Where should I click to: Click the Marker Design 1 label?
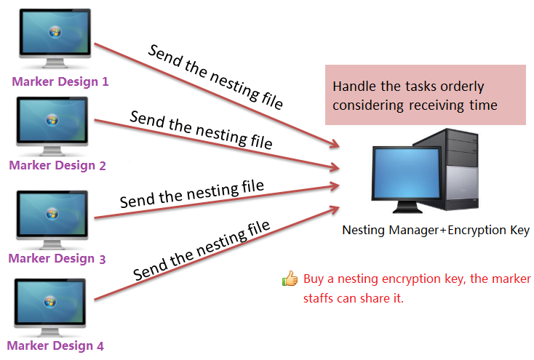tap(60, 81)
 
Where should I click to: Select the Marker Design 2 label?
tap(57, 165)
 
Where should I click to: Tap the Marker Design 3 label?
tap(57, 258)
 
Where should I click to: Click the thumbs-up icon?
tap(290, 279)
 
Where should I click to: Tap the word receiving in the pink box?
tap(437, 105)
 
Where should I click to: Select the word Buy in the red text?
tap(313, 279)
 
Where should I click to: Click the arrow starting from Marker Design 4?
tap(218, 252)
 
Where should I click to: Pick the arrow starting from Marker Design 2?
tap(218, 145)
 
